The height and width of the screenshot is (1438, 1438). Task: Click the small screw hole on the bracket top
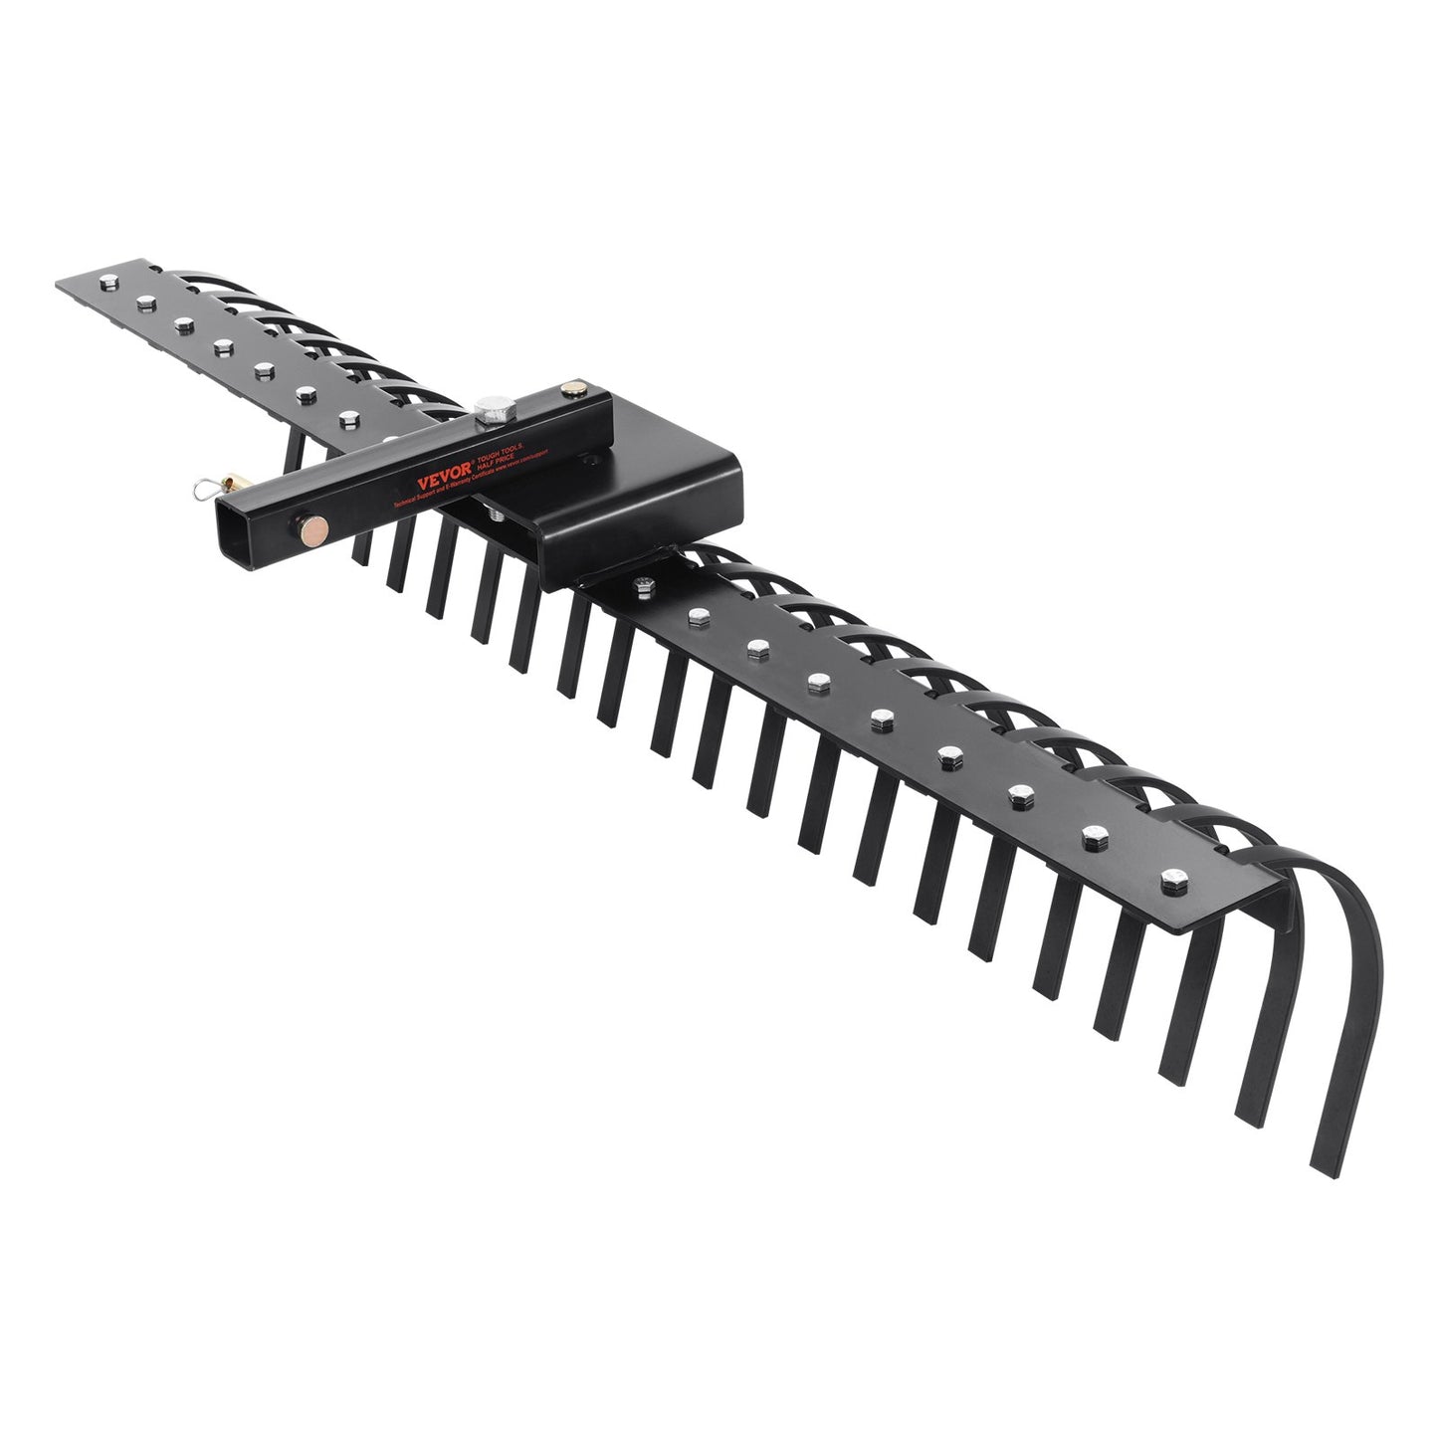(x=593, y=458)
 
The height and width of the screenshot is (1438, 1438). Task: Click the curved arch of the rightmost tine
(x=1338, y=876)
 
